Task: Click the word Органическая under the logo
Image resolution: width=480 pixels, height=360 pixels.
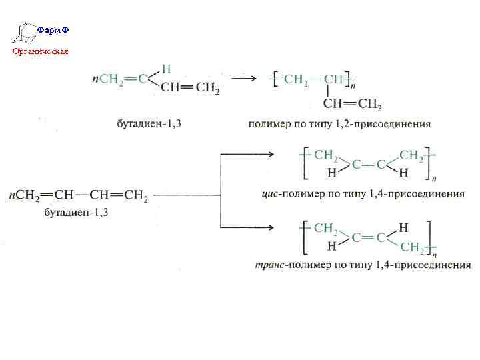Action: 39,51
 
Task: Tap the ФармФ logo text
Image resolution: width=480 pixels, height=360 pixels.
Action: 53,30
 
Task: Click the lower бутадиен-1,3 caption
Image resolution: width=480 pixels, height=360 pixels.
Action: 75,213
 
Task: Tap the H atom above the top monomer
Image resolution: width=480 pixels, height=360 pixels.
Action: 167,68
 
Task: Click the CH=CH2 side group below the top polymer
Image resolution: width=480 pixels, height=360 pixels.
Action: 353,104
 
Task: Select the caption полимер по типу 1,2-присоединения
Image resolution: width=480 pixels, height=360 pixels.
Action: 339,124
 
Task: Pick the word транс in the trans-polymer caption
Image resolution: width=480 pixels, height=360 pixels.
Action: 270,265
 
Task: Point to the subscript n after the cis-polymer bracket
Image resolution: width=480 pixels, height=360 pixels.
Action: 434,179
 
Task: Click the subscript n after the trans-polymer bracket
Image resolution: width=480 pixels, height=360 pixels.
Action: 434,254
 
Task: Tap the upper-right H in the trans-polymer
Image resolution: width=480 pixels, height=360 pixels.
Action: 403,227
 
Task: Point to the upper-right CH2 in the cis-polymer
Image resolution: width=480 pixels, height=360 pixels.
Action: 411,155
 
